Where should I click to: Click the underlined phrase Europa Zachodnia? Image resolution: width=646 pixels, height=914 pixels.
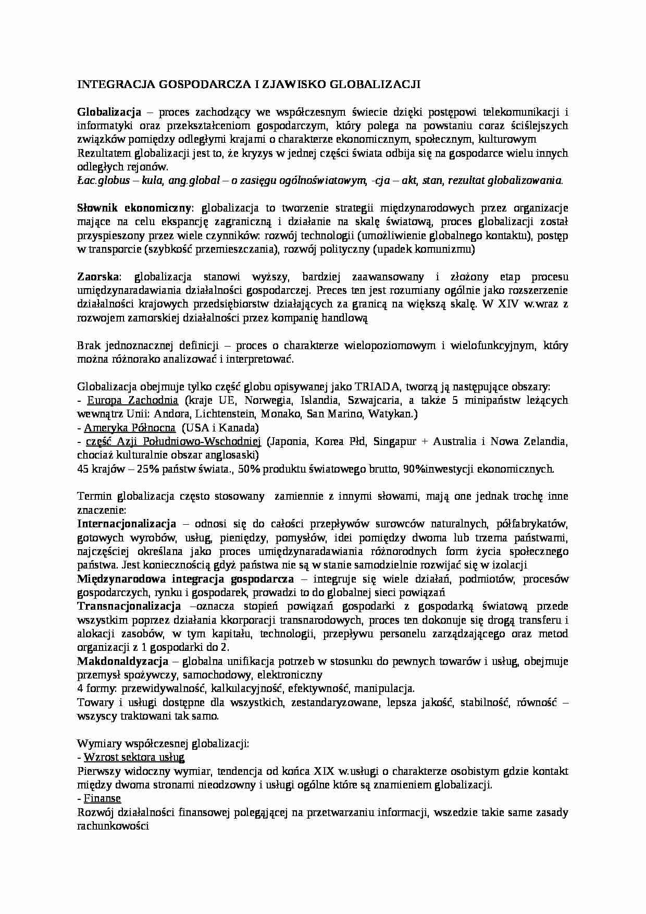(x=132, y=401)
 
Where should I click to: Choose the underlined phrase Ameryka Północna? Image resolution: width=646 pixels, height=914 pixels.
(x=130, y=428)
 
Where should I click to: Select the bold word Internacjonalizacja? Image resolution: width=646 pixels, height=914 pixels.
(x=127, y=524)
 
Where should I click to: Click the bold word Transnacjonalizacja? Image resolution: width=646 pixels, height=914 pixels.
(x=129, y=606)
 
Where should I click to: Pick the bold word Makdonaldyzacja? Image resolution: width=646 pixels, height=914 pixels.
(x=122, y=661)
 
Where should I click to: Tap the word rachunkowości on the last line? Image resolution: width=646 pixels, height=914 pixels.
(x=113, y=826)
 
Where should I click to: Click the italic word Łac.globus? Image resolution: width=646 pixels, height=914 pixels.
(x=103, y=180)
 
